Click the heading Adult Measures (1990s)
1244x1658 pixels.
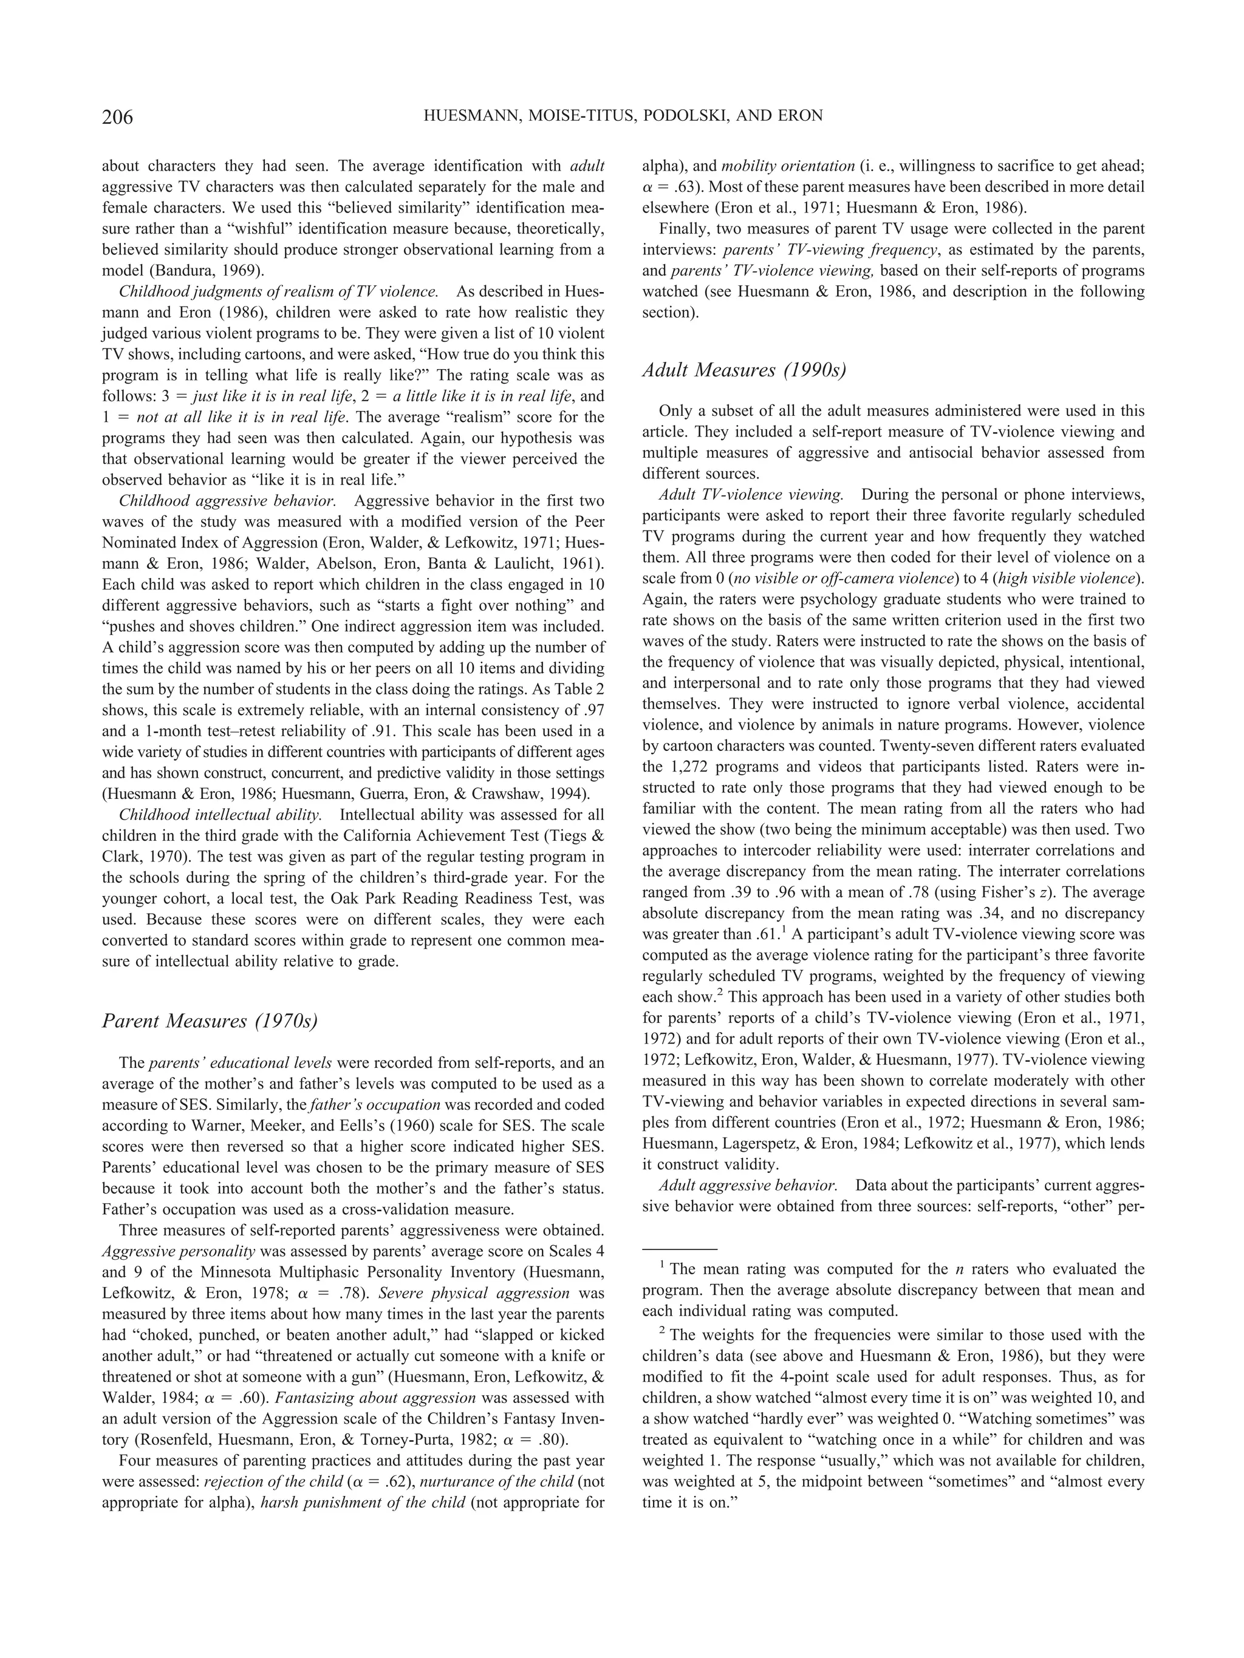(x=744, y=370)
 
